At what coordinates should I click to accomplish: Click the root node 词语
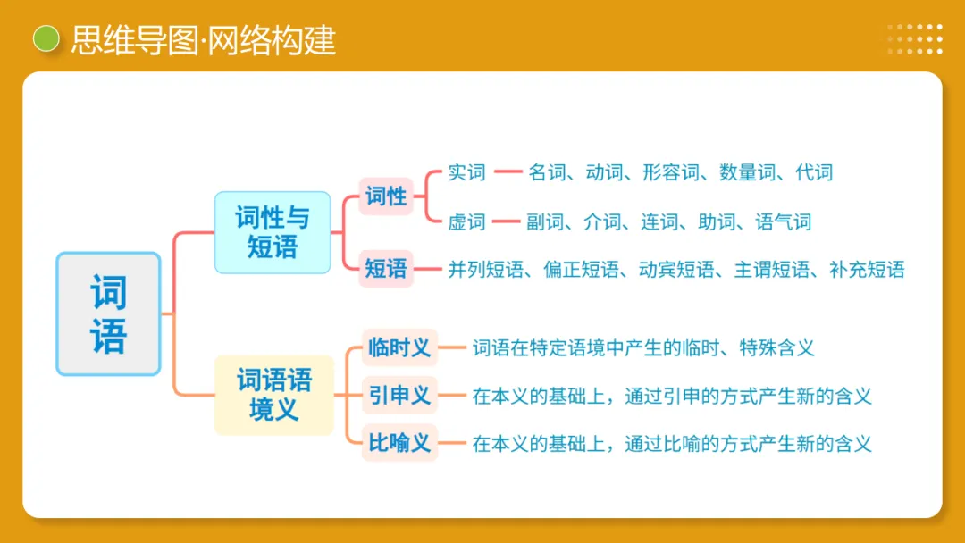[108, 313]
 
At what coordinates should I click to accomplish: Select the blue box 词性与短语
[273, 232]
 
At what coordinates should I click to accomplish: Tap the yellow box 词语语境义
[274, 395]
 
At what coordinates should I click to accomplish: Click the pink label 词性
[386, 196]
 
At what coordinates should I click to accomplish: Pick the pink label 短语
[386, 268]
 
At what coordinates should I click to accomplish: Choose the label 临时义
[399, 347]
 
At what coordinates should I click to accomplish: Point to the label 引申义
[399, 396]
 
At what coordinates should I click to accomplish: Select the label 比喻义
[399, 443]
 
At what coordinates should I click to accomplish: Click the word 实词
[466, 172]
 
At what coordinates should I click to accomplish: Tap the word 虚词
[466, 221]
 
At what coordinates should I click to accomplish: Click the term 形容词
[670, 172]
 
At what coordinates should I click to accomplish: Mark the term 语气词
[783, 221]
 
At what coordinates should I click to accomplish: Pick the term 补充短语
[867, 269]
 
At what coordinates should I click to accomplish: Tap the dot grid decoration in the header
[915, 39]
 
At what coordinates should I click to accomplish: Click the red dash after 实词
[508, 172]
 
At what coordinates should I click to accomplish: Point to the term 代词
[814, 172]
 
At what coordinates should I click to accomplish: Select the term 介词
[601, 221]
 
